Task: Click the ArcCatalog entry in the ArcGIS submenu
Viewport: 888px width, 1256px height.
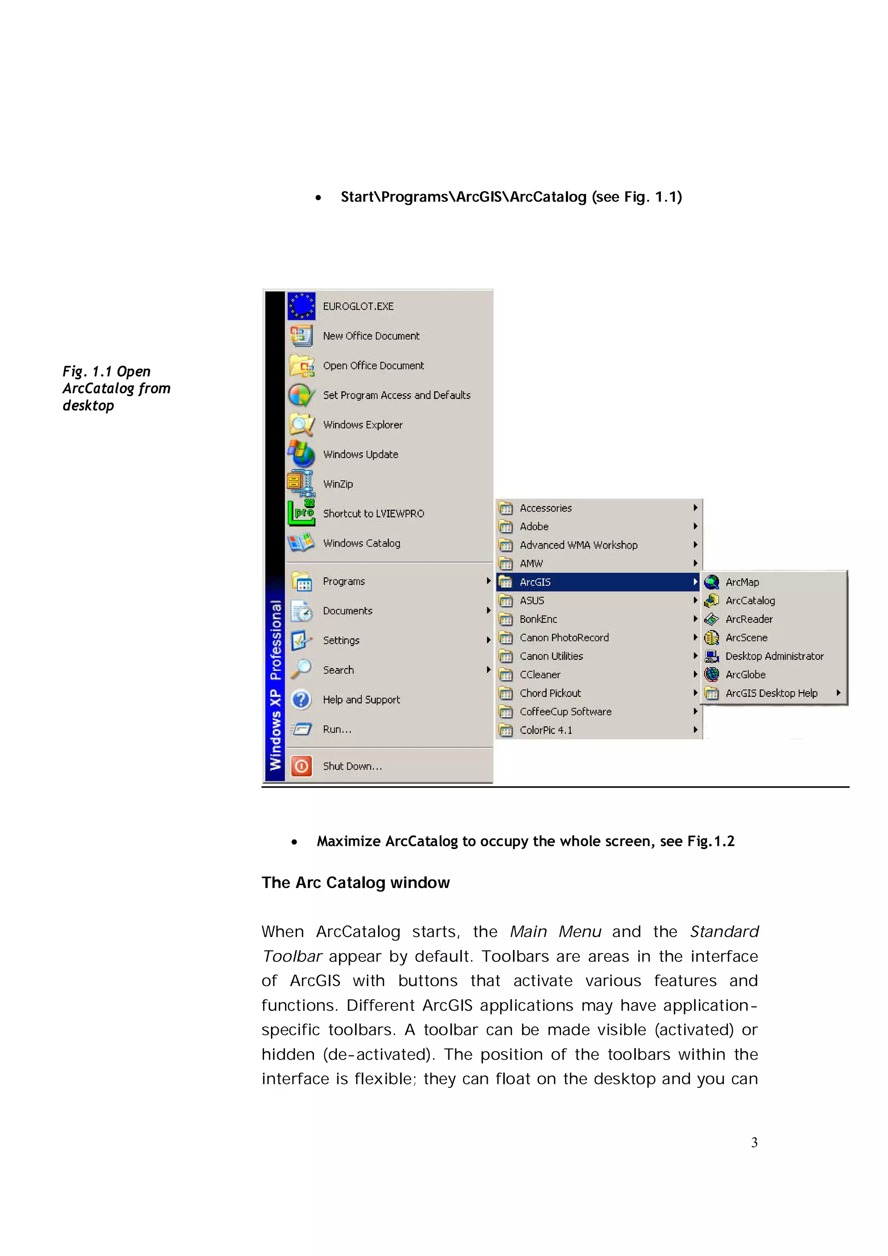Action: (750, 601)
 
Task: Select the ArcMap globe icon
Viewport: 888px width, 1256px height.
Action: (711, 582)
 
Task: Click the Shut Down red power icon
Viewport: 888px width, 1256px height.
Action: (301, 766)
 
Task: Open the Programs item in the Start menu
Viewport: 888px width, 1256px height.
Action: (343, 582)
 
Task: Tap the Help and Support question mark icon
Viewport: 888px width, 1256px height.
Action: (301, 699)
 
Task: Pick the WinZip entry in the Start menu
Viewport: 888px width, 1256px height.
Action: (338, 484)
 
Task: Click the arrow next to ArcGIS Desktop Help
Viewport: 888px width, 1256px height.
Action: (838, 693)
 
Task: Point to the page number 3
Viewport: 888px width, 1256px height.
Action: (754, 1142)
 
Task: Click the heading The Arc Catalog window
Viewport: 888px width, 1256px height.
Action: (355, 882)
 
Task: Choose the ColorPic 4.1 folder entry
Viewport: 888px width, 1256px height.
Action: (545, 730)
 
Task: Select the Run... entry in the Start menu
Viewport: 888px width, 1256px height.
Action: (337, 729)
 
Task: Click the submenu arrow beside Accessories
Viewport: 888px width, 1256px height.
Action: (695, 508)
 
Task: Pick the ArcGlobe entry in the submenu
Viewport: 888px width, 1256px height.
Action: (745, 674)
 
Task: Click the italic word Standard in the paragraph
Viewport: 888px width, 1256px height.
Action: (724, 932)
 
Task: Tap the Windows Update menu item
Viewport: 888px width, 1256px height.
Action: (360, 455)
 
